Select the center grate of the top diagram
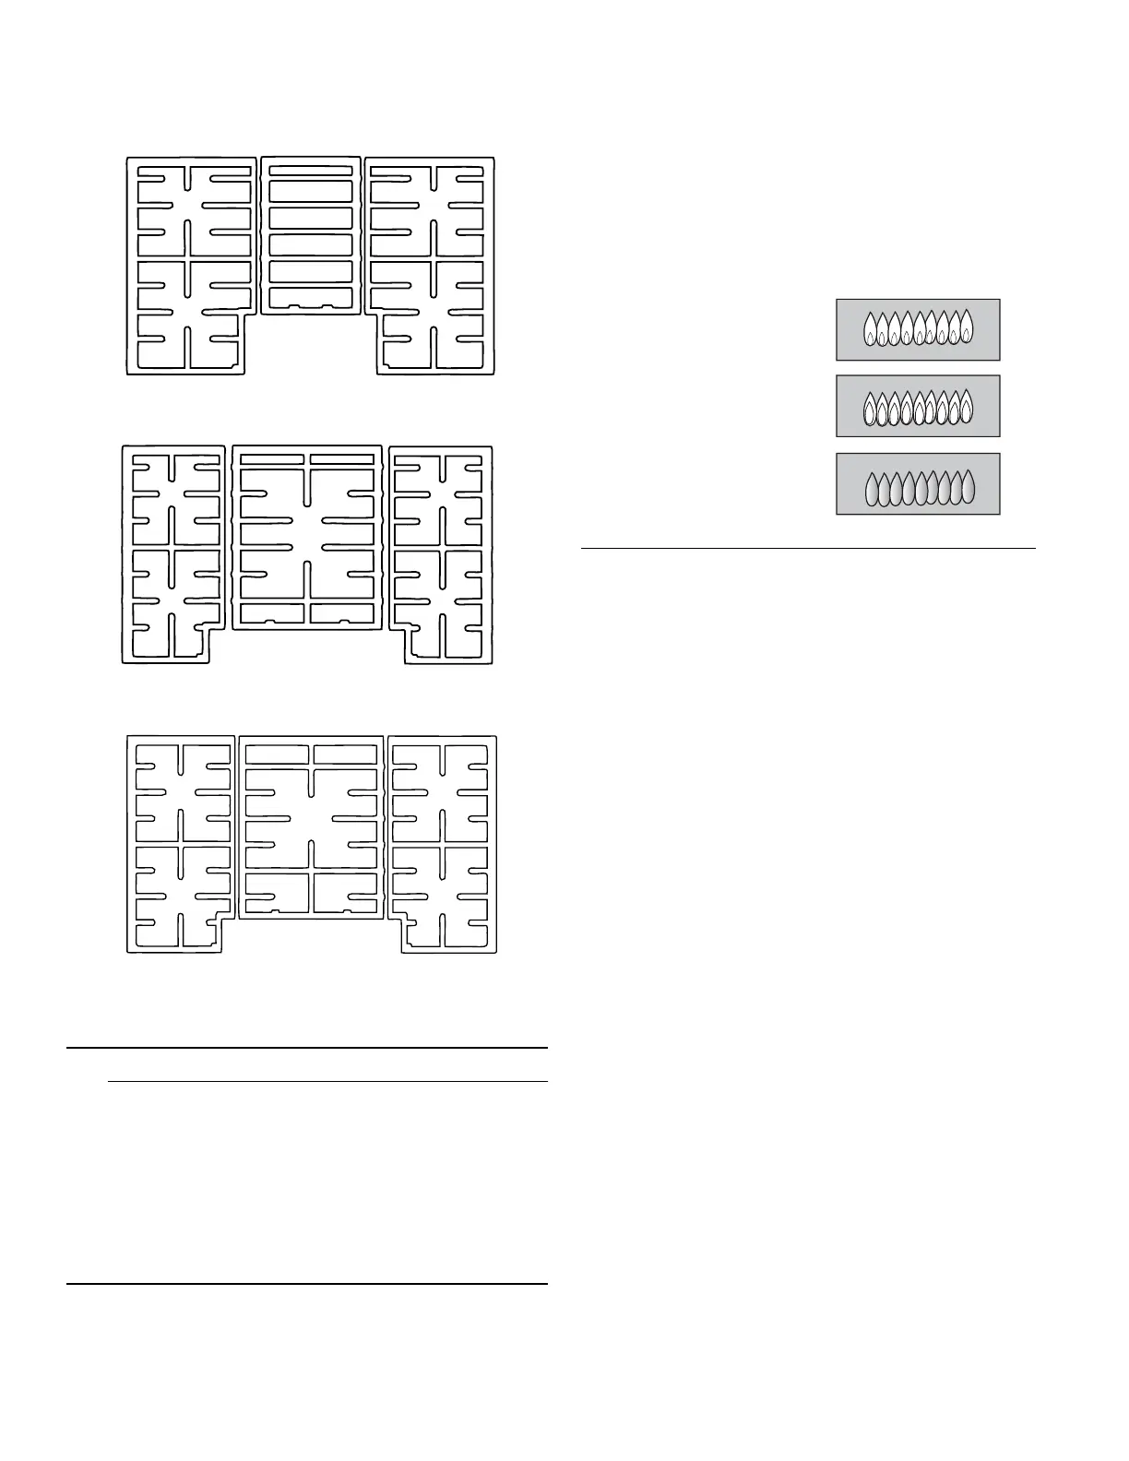tap(311, 235)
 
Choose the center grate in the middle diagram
tap(307, 538)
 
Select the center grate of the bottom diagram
tap(311, 827)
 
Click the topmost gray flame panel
tap(918, 329)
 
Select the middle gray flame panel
tap(918, 406)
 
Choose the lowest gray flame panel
tap(918, 483)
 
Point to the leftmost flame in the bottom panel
tap(872, 490)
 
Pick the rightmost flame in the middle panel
tap(967, 405)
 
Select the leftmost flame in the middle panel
tap(870, 409)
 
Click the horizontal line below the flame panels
tap(808, 549)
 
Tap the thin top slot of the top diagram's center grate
tap(311, 170)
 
